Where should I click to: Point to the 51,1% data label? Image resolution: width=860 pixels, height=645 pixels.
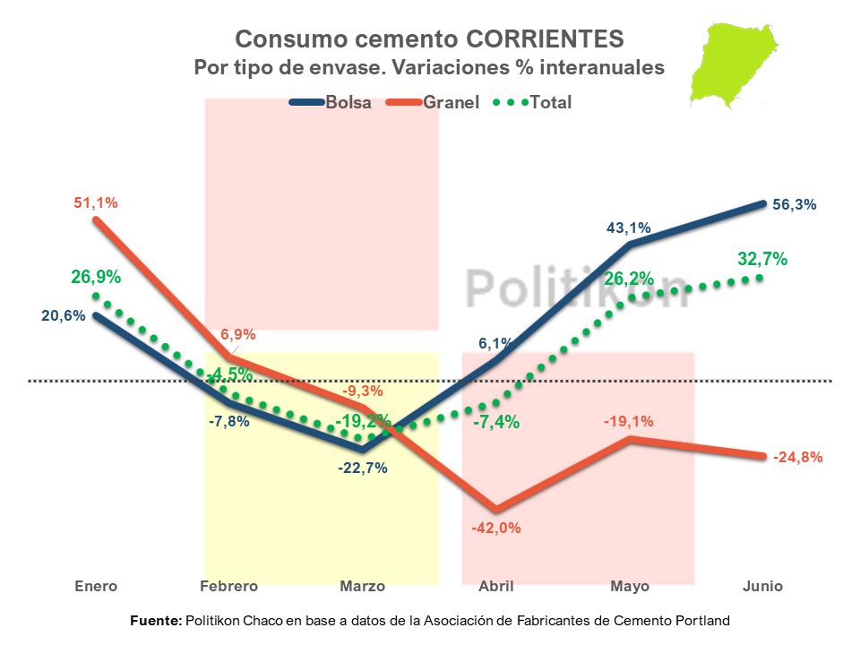click(96, 203)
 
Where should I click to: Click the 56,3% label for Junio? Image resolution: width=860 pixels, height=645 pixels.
click(794, 204)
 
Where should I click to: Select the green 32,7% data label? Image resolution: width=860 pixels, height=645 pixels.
click(762, 260)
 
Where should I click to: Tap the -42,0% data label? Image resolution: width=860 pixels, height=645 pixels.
click(496, 528)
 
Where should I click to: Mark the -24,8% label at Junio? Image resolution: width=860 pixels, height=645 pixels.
click(797, 457)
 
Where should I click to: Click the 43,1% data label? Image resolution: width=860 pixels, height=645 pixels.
click(630, 228)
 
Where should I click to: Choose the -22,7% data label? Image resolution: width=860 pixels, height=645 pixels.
click(363, 468)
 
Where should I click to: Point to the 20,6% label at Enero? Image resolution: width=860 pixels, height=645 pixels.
click(63, 315)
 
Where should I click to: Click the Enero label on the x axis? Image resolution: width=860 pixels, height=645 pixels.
click(96, 587)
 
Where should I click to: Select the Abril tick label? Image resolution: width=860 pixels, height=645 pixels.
click(496, 587)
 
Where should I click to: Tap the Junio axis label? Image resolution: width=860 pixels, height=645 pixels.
click(762, 587)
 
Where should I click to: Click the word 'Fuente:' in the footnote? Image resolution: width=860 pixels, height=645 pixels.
click(156, 620)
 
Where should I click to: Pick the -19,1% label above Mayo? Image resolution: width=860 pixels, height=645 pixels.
click(630, 422)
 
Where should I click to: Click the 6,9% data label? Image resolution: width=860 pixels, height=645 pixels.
click(238, 335)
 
